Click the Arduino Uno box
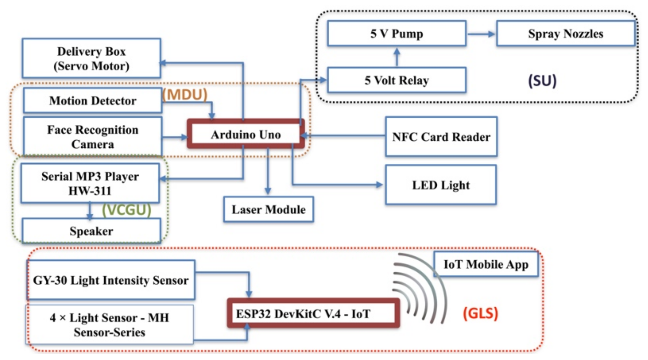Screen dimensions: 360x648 (246, 134)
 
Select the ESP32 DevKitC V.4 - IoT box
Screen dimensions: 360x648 (313, 314)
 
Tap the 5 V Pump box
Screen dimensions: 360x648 (397, 33)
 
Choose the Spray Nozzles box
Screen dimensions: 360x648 (565, 33)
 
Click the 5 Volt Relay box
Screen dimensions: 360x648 (397, 80)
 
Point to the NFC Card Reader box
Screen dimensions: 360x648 (441, 137)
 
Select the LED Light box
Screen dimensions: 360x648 (441, 185)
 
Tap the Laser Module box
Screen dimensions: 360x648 (268, 209)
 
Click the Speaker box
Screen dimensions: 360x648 (91, 231)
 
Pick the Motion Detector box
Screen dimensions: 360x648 (92, 100)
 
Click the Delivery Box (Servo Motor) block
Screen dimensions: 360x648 (91, 58)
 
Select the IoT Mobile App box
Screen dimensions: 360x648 (486, 264)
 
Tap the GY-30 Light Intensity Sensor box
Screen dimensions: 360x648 (111, 280)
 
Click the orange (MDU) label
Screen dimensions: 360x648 (185, 94)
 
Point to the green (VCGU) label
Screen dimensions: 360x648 (126, 210)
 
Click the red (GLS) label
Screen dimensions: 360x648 (480, 313)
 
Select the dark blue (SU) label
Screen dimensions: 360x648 (542, 80)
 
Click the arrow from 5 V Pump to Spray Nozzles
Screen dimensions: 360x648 (481, 34)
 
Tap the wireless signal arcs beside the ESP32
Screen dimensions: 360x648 (420, 288)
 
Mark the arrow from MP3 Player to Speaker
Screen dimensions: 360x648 (90, 211)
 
